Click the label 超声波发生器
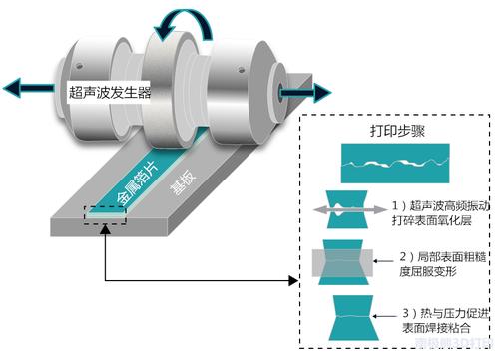tap(109, 92)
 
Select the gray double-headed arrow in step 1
tap(350, 209)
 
